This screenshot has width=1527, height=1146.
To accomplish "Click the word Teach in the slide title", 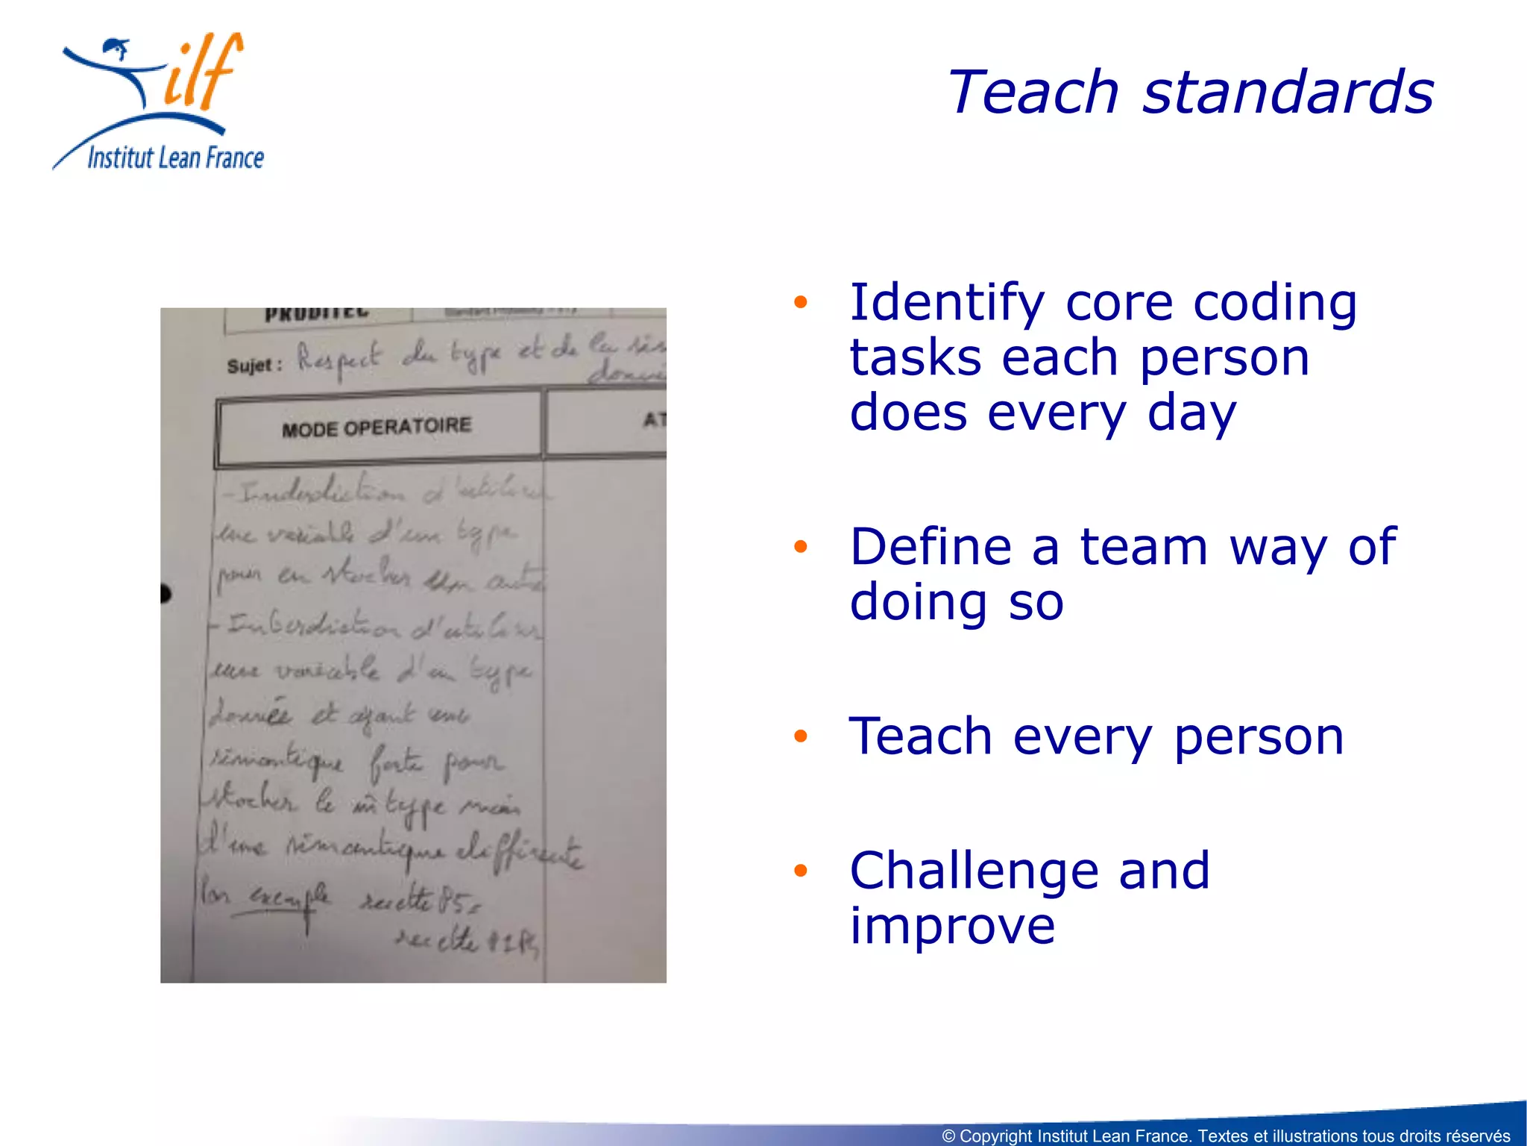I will tap(1033, 92).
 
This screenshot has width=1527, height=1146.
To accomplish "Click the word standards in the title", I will tap(1288, 92).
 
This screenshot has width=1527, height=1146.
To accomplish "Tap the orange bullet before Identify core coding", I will tap(801, 302).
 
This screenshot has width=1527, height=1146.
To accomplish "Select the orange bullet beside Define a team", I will tap(801, 546).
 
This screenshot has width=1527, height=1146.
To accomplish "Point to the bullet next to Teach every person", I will tap(801, 736).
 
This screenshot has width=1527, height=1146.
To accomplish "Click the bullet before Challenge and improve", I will tap(801, 870).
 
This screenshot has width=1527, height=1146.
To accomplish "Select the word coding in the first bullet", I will tap(1274, 304).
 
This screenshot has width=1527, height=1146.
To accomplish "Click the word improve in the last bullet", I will tap(952, 926).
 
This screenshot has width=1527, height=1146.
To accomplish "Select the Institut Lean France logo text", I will tap(176, 158).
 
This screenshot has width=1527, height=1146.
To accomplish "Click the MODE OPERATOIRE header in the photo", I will tap(377, 428).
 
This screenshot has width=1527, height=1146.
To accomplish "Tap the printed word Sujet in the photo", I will tap(251, 366).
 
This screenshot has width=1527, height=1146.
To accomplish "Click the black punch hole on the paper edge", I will tap(165, 594).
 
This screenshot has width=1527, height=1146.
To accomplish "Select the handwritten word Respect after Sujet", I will tap(339, 359).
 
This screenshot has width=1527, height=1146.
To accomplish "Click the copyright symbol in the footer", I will tap(948, 1136).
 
